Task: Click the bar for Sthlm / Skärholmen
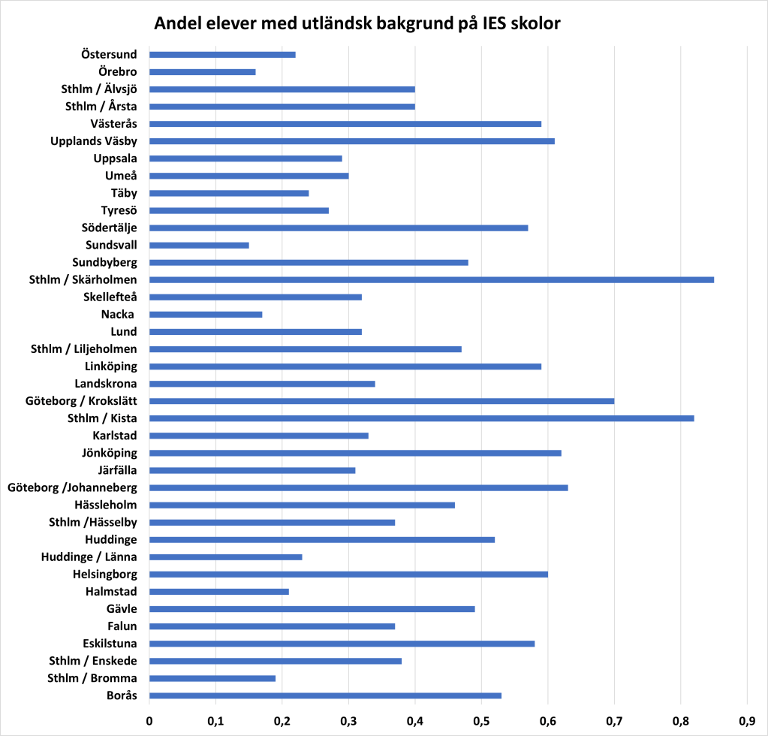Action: [432, 279]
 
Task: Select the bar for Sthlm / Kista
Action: [421, 418]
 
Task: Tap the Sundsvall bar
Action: [199, 245]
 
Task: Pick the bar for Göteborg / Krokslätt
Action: [381, 400]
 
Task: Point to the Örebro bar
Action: [203, 72]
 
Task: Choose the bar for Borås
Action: [325, 695]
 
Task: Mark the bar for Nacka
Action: [206, 314]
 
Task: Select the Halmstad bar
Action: [219, 591]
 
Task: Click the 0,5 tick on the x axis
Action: [481, 721]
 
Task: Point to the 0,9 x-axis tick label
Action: [746, 721]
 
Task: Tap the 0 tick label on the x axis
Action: [149, 721]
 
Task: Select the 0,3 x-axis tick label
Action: [348, 721]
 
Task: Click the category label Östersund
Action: [109, 54]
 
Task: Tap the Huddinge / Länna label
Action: [89, 557]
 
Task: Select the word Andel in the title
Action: [178, 23]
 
